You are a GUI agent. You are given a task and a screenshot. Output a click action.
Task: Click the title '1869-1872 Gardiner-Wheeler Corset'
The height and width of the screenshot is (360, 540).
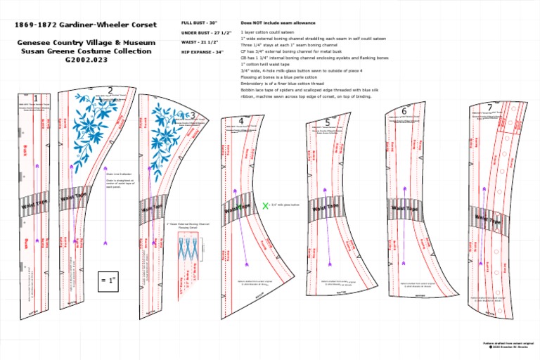click(86, 24)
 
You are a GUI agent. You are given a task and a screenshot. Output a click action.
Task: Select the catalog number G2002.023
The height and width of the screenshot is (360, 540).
click(86, 60)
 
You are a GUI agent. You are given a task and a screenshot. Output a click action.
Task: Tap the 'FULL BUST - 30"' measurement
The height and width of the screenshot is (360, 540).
click(199, 23)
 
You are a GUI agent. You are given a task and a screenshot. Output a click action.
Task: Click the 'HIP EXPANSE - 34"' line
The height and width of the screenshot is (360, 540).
click(202, 52)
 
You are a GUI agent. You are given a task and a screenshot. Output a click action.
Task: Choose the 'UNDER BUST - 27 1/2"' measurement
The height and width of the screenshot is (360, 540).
click(204, 33)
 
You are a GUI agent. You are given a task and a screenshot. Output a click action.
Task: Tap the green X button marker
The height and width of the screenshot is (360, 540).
click(265, 205)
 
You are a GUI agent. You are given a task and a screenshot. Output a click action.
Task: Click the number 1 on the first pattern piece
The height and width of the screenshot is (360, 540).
click(36, 98)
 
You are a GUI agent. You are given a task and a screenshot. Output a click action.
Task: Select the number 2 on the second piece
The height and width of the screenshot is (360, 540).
click(110, 91)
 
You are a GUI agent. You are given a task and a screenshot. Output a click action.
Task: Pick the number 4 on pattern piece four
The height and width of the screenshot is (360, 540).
click(241, 121)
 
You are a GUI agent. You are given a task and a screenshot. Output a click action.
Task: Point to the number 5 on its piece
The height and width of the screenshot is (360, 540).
click(328, 122)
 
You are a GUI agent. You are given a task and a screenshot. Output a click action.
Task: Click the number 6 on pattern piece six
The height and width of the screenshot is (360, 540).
click(404, 111)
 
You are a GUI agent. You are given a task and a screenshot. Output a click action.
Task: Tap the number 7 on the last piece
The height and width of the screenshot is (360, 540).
click(489, 108)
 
